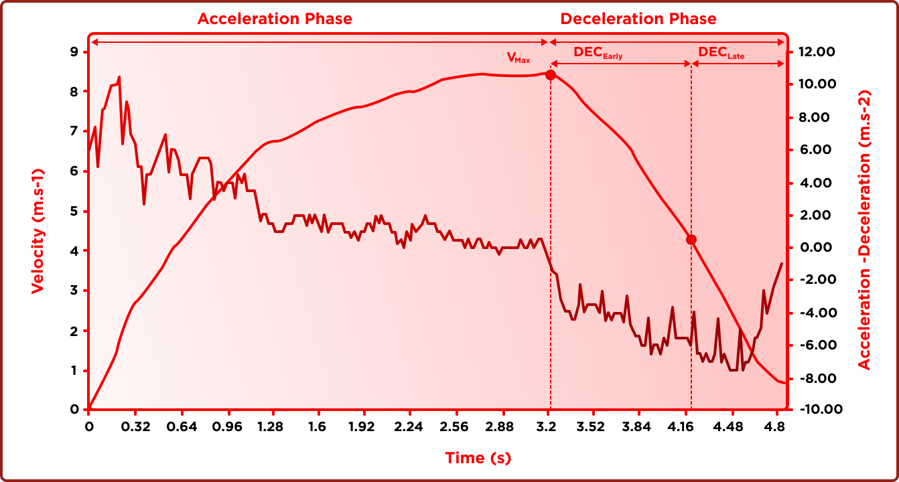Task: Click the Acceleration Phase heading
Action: (275, 19)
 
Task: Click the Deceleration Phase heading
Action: (638, 19)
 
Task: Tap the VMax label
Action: (518, 58)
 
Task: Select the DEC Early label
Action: (598, 53)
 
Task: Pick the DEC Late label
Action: (721, 53)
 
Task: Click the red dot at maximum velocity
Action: (551, 75)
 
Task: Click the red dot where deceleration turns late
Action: (691, 240)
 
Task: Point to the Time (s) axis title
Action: (478, 458)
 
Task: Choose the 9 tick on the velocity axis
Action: (74, 52)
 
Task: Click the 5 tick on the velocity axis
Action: (74, 212)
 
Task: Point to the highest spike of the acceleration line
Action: (119, 78)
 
